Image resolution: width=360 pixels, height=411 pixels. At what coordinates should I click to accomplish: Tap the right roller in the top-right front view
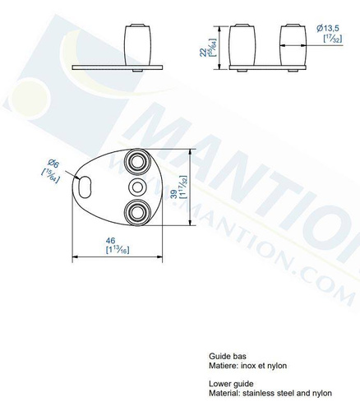(294, 46)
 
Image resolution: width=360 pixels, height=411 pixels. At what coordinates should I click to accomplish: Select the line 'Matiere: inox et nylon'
(247, 366)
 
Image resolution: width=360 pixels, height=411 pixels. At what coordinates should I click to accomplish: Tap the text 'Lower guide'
(230, 383)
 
